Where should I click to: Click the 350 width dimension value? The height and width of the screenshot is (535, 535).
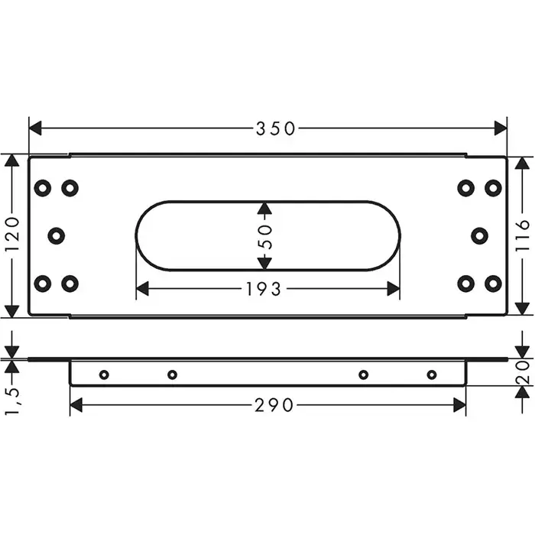click(x=275, y=128)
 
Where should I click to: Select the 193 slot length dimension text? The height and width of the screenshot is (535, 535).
click(x=264, y=290)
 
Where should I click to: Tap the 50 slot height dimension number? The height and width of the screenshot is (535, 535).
click(x=264, y=236)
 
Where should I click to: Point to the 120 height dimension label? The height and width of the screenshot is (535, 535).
click(x=12, y=235)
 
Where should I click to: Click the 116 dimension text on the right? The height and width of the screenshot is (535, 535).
click(x=522, y=236)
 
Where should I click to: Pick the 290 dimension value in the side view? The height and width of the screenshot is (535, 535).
click(x=274, y=405)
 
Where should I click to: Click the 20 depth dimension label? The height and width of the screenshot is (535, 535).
click(x=522, y=373)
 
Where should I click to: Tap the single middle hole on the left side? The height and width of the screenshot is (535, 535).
click(x=57, y=235)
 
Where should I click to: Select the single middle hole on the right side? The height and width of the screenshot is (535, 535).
click(x=479, y=235)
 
